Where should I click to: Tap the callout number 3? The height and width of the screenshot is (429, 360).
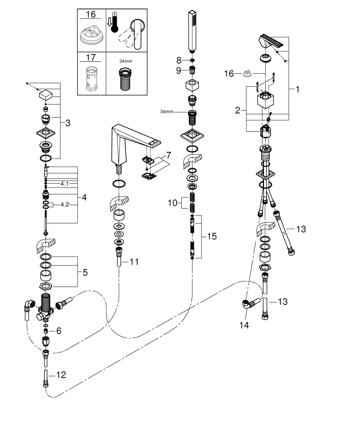coord(68,123)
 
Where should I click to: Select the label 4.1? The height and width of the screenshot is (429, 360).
coord(65,184)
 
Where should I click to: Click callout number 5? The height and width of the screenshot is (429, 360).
coord(85,272)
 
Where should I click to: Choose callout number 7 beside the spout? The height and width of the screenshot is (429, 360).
coord(168,154)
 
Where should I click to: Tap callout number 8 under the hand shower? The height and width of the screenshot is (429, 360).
coord(179,60)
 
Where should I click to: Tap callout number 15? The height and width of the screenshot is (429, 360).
coord(211,236)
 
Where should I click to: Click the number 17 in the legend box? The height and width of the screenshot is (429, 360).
coord(90,57)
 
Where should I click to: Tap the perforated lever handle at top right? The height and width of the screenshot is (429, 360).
coord(272,43)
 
